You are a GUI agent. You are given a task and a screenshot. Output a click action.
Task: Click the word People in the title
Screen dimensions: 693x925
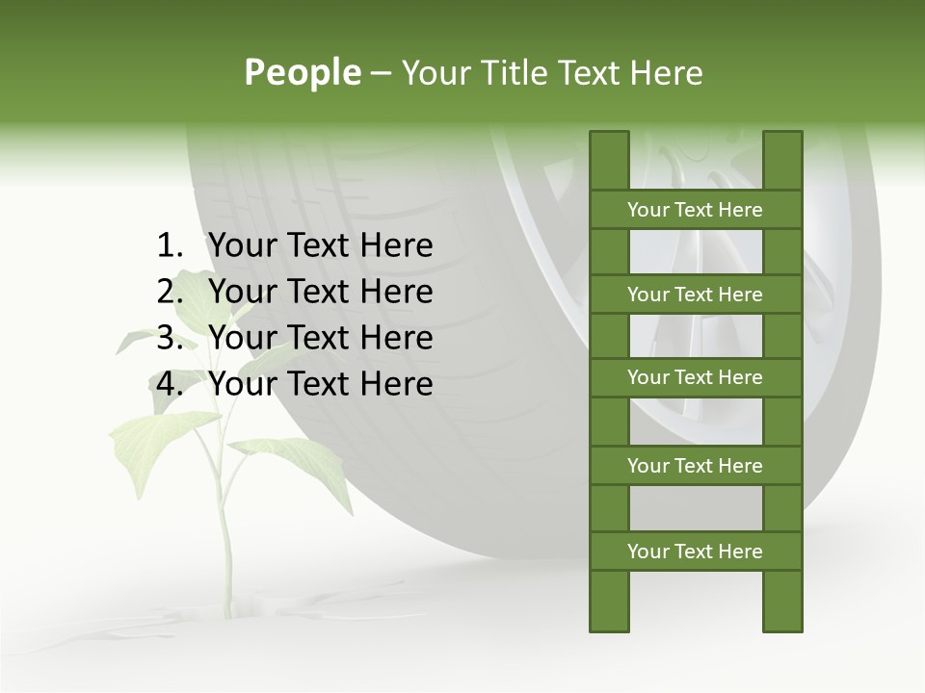[x=302, y=73]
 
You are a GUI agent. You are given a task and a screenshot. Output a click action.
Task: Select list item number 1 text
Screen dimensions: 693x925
[x=320, y=246]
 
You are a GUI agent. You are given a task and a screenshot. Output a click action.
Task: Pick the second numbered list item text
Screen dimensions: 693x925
[x=320, y=292]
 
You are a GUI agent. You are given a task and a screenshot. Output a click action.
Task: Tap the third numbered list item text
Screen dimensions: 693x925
[x=320, y=338]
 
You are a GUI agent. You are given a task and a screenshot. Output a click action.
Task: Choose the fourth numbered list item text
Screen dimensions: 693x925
[x=320, y=384]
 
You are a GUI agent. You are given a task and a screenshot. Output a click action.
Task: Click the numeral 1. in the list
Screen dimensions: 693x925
[x=170, y=246]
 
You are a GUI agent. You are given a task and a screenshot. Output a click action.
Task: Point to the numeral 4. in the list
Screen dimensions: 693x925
[x=170, y=384]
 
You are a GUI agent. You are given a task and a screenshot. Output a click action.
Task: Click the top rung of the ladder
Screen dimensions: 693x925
[x=695, y=210]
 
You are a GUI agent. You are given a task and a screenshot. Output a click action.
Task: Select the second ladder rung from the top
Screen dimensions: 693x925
[x=695, y=295]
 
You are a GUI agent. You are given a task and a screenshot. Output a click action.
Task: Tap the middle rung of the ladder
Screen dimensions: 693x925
[x=695, y=377]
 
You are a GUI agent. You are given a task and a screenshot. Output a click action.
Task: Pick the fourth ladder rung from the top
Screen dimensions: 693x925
[x=695, y=466]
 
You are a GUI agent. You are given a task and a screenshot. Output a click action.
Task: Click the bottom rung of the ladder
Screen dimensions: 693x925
[x=695, y=552]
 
